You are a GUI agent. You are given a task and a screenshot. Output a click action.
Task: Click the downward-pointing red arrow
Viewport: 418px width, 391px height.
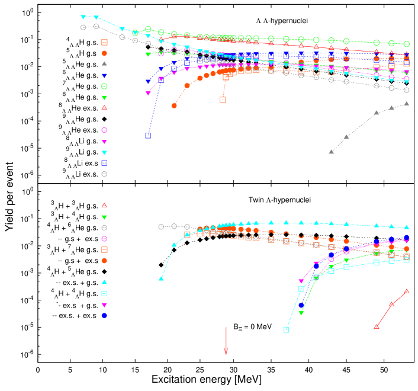[x=226, y=342]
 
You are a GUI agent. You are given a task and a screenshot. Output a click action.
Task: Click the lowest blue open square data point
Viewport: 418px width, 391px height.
[x=148, y=136]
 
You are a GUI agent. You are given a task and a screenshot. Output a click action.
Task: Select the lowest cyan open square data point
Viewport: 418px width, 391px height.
[x=286, y=330]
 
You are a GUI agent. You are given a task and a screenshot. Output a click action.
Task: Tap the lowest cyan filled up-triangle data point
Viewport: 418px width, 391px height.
[x=161, y=278]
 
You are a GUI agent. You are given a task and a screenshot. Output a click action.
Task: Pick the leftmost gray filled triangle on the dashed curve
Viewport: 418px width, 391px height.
[x=331, y=152]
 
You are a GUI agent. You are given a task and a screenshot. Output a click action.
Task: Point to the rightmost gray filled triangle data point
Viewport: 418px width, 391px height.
[x=406, y=104]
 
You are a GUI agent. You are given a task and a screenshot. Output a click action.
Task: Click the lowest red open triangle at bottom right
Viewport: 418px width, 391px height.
[x=376, y=326]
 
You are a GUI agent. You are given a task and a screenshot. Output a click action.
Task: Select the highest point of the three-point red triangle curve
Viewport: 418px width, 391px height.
[x=406, y=291]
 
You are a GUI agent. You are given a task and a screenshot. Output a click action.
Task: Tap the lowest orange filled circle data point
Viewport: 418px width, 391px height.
[x=174, y=105]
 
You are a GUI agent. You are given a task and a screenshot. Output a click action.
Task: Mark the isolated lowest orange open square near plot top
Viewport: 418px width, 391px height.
[x=223, y=100]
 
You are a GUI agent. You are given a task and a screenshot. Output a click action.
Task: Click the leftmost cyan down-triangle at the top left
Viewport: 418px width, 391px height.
[x=83, y=17]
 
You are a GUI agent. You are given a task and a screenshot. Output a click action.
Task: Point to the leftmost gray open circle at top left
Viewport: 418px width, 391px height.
[x=83, y=27]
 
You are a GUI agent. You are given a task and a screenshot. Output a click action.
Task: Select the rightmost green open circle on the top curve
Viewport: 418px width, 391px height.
[x=406, y=44]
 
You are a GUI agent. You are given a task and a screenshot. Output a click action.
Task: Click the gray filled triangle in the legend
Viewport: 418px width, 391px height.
[x=104, y=63]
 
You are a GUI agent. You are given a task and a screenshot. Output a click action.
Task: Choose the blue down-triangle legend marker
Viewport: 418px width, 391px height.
[x=104, y=76]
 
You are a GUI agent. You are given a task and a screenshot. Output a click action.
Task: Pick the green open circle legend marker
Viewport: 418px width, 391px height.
[x=104, y=86]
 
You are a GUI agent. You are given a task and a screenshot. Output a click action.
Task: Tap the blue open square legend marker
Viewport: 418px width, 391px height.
[x=104, y=163]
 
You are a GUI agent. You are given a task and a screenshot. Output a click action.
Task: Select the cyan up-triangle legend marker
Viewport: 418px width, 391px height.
[x=104, y=282]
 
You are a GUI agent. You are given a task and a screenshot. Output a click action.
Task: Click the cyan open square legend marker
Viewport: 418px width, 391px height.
[x=104, y=293]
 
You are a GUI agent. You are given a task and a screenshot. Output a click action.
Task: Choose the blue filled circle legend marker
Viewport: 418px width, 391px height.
[x=104, y=316]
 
